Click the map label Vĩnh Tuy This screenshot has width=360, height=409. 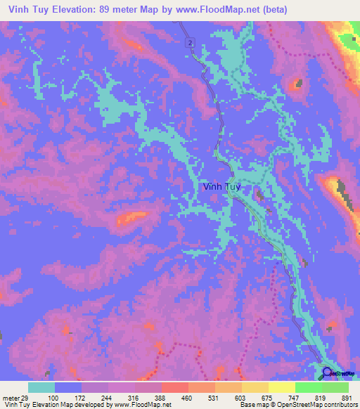pyautogui.click(x=221, y=187)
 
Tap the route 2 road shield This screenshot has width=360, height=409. pyautogui.click(x=190, y=44)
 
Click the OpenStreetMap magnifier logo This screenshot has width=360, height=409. pyautogui.click(x=327, y=374)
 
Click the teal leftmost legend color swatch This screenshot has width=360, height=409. pyautogui.click(x=41, y=387)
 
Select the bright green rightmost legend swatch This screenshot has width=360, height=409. pyautogui.click(x=335, y=387)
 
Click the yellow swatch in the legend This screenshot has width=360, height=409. pyautogui.click(x=282, y=387)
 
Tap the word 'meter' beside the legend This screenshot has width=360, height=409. pyautogui.click(x=11, y=397)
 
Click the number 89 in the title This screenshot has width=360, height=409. pyautogui.click(x=107, y=11)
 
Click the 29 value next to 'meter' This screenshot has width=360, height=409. pyautogui.click(x=26, y=397)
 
